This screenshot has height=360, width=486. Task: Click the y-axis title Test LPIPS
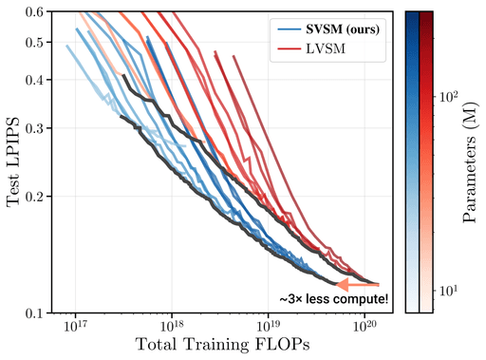(x=12, y=161)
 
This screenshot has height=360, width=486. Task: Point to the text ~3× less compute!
(x=333, y=299)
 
